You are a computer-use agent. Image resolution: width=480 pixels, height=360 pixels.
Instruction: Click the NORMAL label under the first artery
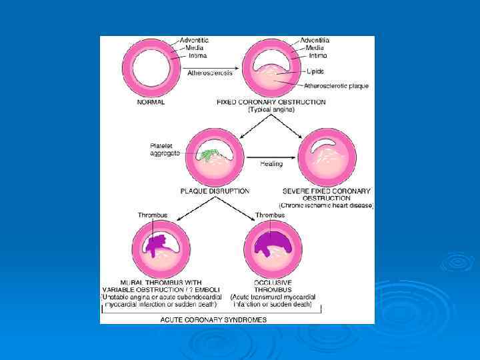151,102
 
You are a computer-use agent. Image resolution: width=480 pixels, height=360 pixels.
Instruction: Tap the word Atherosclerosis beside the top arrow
209,73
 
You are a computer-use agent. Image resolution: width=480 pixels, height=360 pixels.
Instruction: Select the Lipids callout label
315,71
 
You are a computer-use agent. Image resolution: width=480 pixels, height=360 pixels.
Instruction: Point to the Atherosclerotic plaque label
336,86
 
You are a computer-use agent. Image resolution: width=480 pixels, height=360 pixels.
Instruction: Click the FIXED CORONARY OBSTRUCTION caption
271,102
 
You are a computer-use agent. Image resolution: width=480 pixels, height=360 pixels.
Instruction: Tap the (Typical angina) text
271,109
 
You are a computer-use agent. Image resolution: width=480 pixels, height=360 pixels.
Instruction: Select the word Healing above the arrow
271,163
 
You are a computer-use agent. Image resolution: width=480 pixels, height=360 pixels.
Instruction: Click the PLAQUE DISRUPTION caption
215,191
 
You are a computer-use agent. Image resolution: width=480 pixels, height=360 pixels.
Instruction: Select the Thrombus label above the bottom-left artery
153,215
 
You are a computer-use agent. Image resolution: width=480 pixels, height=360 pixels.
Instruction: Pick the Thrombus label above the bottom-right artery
271,215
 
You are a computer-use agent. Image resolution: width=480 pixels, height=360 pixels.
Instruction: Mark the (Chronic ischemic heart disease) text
326,205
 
